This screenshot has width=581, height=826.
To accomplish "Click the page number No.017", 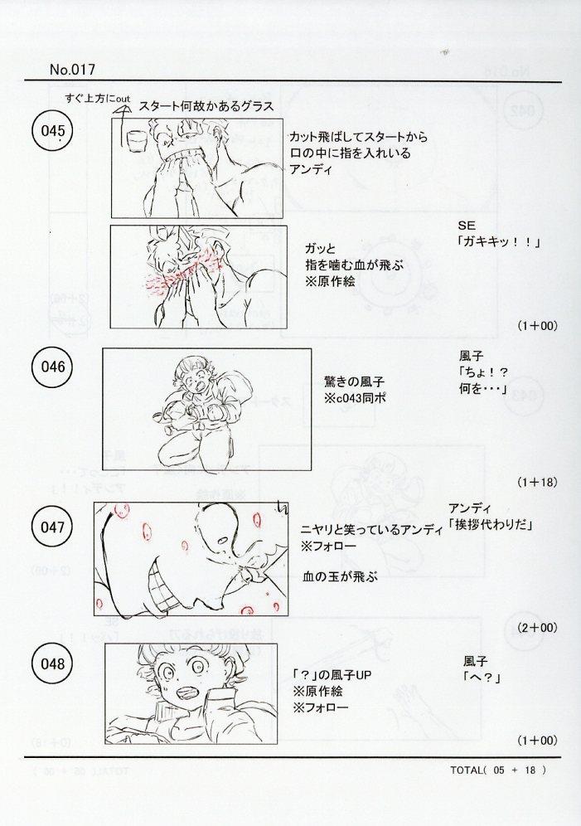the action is click(73, 70).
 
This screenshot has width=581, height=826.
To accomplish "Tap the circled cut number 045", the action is click(52, 131).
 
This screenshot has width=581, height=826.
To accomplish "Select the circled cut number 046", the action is click(52, 367).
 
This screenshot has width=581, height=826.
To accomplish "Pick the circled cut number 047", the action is click(52, 527).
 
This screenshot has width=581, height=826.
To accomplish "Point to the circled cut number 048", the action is click(52, 663).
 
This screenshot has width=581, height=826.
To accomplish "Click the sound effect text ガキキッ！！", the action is click(499, 242).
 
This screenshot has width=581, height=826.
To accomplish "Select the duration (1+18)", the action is click(537, 482).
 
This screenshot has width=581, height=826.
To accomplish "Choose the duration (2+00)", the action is click(537, 628).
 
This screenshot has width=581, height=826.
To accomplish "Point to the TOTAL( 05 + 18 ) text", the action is click(498, 770).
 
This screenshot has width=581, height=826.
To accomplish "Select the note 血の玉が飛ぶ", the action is click(341, 577).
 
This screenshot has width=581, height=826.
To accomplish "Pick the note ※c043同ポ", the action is click(356, 398).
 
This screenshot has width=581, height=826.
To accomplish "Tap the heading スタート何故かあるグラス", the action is click(206, 106).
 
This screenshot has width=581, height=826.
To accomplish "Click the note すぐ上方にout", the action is click(98, 98).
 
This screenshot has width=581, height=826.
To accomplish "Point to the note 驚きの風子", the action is click(354, 381).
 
